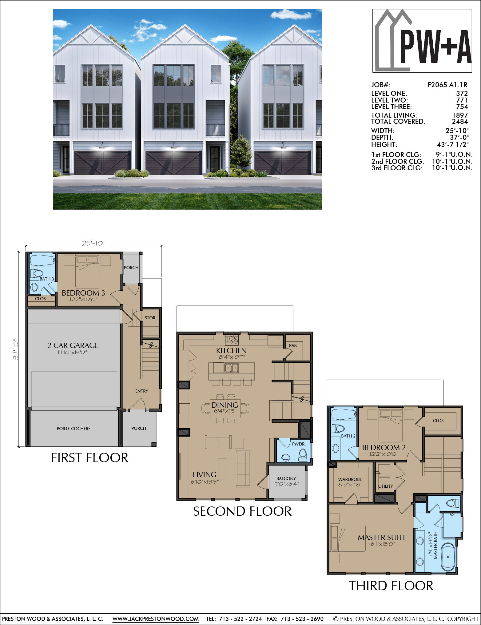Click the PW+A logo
[x=422, y=41]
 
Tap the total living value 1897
[x=460, y=115]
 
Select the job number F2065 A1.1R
[x=447, y=85]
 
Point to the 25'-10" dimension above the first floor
[x=93, y=243]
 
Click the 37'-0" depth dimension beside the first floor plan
[x=16, y=349]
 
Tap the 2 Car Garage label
[x=73, y=345]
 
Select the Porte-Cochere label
[x=74, y=429]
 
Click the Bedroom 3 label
[x=83, y=293]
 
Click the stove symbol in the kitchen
[x=232, y=340]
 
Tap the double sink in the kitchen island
[x=232, y=368]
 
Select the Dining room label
[x=225, y=405]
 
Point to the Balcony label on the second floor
[x=286, y=478]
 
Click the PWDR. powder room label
[x=299, y=444]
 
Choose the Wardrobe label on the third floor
[x=350, y=479]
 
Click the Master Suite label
[x=382, y=538]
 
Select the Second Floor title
[x=242, y=511]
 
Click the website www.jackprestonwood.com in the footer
[x=156, y=619]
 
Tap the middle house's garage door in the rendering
[x=174, y=163]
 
